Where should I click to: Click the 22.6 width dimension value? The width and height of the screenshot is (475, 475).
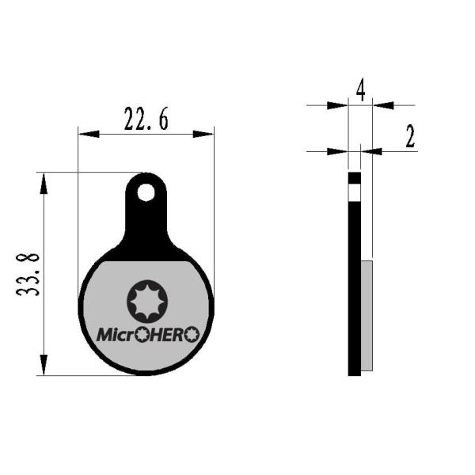coord(146,119)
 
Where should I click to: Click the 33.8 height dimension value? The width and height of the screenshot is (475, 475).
coord(28,275)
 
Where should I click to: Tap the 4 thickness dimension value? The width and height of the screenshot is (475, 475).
coord(360,90)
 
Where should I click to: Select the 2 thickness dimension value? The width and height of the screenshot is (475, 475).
coord(410,136)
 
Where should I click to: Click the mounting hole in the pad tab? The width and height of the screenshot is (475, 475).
coord(146,192)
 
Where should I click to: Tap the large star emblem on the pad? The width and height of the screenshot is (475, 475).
coord(147,302)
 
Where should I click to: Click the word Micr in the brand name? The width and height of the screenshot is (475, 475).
coord(116,335)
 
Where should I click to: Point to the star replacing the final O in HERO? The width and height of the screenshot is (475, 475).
coord(192,335)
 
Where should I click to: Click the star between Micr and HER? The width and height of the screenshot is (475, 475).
coord(142,335)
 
